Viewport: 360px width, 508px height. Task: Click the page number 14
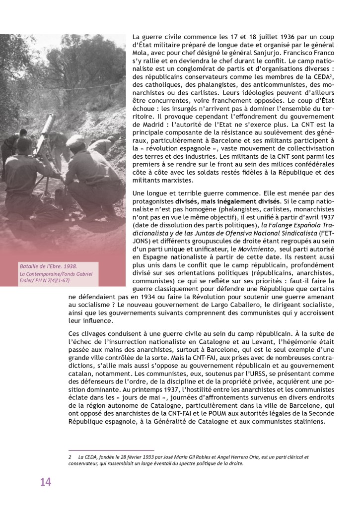[46, 482]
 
